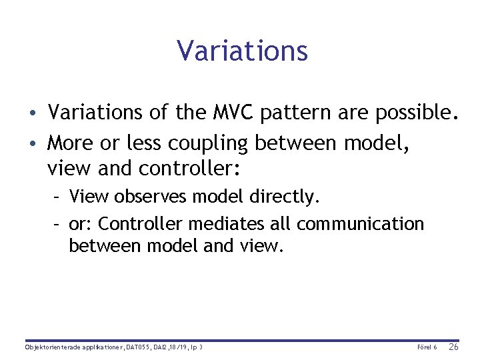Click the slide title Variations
242,51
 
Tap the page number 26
453,347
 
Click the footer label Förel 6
427,347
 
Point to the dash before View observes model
57,197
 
